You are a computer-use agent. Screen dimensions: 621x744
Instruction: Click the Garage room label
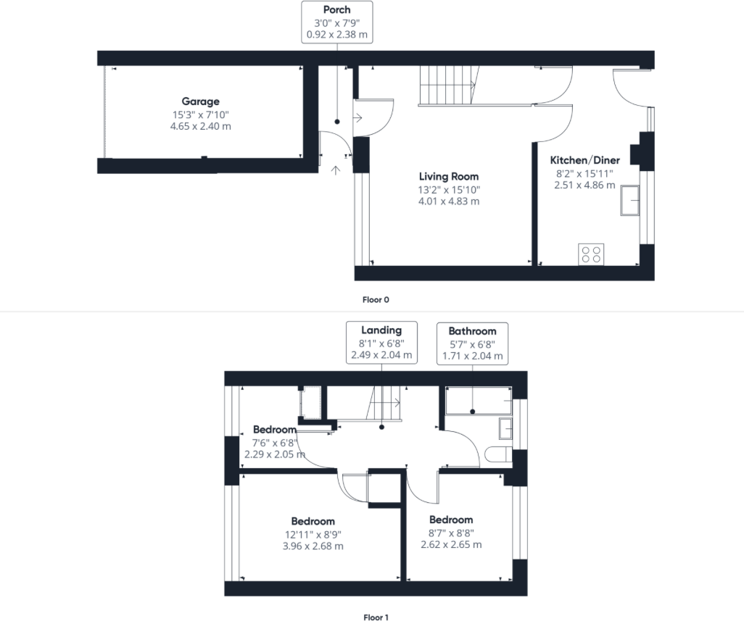(x=200, y=102)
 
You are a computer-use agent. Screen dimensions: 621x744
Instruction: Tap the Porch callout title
(x=336, y=10)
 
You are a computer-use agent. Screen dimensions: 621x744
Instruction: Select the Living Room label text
(x=449, y=176)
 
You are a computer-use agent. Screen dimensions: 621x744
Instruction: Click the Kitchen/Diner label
(x=584, y=160)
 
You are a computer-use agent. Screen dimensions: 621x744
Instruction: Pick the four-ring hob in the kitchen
(x=592, y=254)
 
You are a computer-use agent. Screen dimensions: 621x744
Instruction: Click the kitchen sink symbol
(x=629, y=200)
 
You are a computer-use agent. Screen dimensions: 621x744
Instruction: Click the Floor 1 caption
(x=376, y=617)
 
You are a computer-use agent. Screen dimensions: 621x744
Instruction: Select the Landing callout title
(x=381, y=331)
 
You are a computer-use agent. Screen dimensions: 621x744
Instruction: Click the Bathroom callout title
(x=472, y=331)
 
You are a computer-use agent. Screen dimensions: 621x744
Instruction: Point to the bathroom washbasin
(x=505, y=428)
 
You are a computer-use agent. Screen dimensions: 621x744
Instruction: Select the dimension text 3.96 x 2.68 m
(x=313, y=546)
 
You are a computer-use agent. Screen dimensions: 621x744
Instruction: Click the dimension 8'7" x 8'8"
(x=451, y=532)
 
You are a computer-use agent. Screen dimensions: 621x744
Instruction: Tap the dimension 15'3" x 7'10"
(x=200, y=114)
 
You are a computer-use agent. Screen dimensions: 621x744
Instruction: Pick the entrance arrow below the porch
(x=336, y=170)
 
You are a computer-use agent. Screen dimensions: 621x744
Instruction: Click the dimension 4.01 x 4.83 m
(x=449, y=201)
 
